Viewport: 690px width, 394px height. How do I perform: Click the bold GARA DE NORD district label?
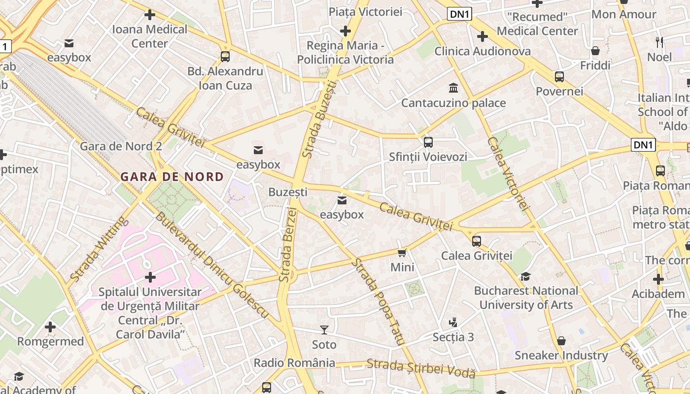[x=172, y=177]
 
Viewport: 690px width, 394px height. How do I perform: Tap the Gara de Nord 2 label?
[x=121, y=146]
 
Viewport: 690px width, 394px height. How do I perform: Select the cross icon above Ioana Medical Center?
[x=150, y=15]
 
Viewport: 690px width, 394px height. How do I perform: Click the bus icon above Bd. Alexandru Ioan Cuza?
[x=225, y=57]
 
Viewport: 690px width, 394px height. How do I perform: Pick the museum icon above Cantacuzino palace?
[x=453, y=88]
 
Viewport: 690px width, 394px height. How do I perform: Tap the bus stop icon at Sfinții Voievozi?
[x=428, y=142]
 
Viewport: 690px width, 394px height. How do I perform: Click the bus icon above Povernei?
[x=559, y=77]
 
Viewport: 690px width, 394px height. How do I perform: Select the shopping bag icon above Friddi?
[x=595, y=51]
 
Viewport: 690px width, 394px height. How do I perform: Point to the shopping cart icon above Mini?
[x=402, y=253]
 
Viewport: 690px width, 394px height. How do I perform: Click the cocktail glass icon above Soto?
[x=324, y=330]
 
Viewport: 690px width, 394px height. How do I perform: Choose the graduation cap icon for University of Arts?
[x=526, y=276]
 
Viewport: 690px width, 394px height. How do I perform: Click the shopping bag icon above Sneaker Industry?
[x=561, y=341]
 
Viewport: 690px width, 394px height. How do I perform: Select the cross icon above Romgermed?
[x=50, y=327]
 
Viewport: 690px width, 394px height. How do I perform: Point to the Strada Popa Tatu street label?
[x=378, y=301]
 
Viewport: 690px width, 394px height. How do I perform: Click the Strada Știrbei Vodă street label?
[x=421, y=368]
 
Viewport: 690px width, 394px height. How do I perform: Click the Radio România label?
[x=294, y=363]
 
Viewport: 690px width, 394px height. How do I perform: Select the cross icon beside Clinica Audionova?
[x=483, y=36]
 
